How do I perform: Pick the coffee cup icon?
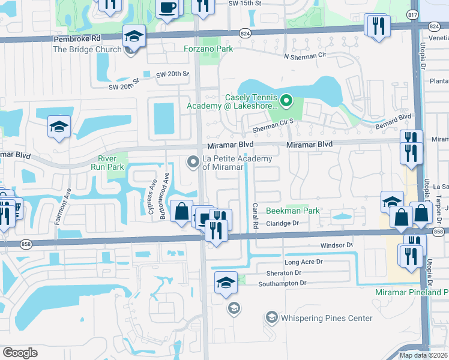point(167,8)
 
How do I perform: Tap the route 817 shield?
point(412,14)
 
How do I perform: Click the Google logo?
point(20,353)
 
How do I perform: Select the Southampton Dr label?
point(282,283)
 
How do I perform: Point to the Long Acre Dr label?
point(303,262)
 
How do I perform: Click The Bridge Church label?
point(88,49)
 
